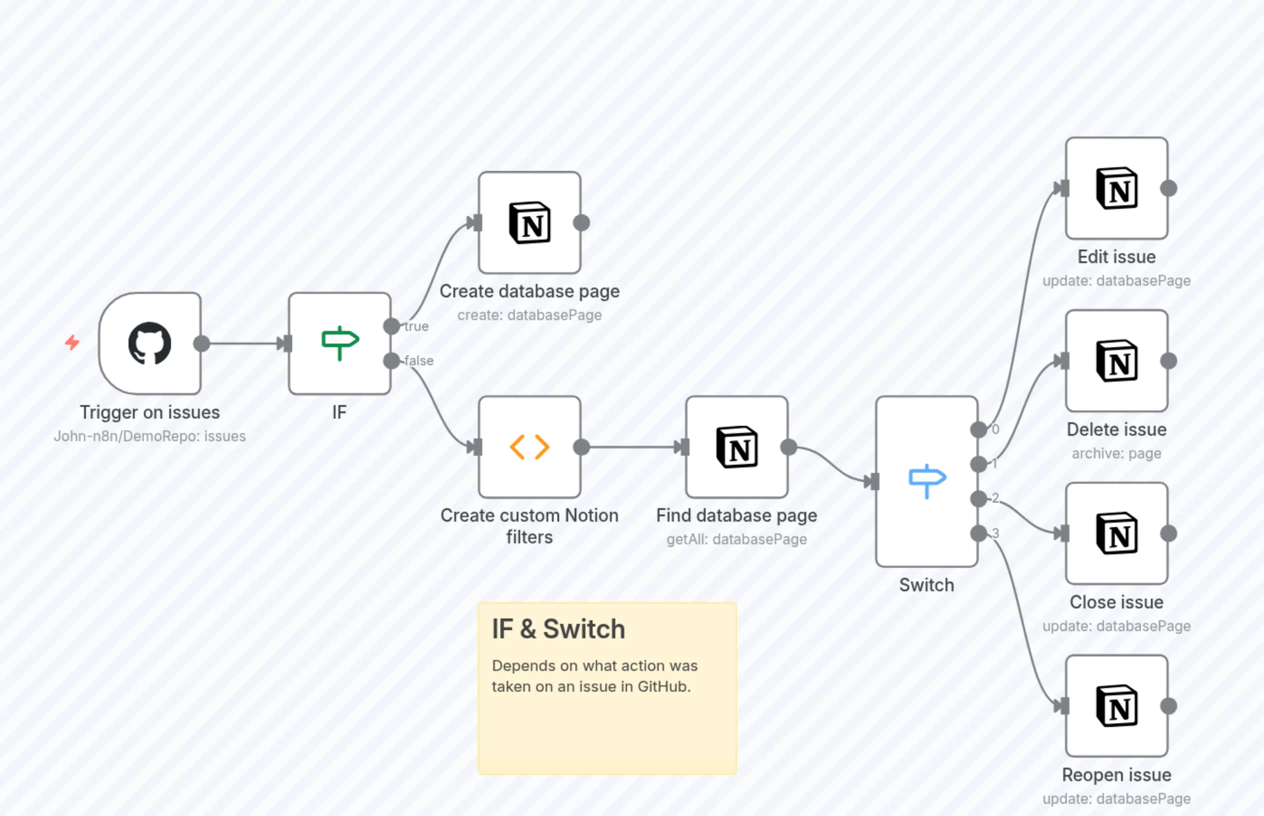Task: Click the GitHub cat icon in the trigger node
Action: pos(149,344)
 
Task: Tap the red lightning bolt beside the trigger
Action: pos(72,342)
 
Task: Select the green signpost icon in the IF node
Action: pos(340,342)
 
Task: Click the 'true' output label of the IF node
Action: pos(416,326)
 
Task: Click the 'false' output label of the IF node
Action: pos(419,361)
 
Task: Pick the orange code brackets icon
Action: pos(529,447)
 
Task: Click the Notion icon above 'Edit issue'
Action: pos(1117,189)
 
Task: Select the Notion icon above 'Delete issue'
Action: pos(1117,361)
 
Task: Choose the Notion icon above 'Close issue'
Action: pos(1117,533)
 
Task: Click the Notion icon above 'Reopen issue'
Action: pos(1117,706)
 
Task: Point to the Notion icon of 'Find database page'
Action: pos(737,447)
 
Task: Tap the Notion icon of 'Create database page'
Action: pos(529,222)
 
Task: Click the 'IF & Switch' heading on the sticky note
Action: pos(558,629)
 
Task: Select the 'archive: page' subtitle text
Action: pos(1116,453)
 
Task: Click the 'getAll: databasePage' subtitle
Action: pos(737,539)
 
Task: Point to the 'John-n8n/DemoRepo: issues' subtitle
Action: pos(149,436)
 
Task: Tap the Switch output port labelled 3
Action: pos(979,533)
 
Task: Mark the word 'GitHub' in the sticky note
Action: pos(663,687)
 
